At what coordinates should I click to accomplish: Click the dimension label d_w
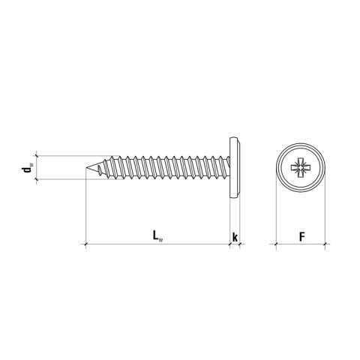point(27,167)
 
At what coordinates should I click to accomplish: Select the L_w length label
point(157,236)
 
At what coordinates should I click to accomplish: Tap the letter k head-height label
point(235,237)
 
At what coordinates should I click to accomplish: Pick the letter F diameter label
point(302,236)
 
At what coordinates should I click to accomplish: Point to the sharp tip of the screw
point(85,167)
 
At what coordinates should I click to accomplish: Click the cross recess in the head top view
point(301,167)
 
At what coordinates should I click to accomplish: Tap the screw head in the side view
point(235,167)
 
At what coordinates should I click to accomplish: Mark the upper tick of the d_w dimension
point(37,156)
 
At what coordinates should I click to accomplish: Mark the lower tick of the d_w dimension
point(37,179)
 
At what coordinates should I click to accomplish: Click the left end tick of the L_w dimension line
point(85,244)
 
